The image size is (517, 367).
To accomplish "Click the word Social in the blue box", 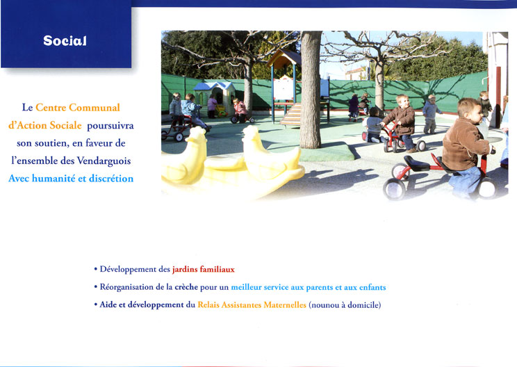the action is pos(65,40).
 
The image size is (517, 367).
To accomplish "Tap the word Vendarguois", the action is pos(104,161).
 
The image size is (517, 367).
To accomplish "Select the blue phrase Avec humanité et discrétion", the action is pos(71,179).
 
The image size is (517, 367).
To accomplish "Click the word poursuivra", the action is pos(110,126).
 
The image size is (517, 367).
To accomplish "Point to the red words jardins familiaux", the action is pos(204,270).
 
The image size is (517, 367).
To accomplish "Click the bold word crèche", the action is pos(186,287).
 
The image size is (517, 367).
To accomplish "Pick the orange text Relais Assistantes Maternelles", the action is pos(252,304).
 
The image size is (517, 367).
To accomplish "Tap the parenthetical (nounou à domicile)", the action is pos(345,305).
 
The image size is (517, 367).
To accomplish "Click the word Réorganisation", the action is pos(126,287).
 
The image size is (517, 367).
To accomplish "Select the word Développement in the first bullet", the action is pos(128,270).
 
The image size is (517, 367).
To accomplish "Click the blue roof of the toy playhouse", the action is pos(213,86).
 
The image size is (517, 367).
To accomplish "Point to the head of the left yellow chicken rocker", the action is pos(197,135).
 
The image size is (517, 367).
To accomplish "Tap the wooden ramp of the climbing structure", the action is pos(291,114).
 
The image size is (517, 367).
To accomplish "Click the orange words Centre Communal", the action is pos(78,108).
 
